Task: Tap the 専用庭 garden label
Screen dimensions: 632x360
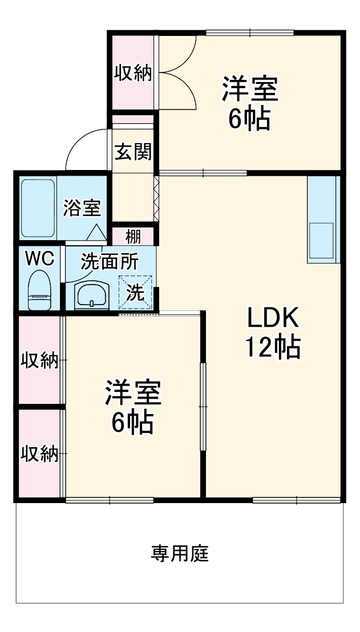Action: pyautogui.click(x=180, y=553)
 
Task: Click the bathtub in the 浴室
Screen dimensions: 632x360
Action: pyautogui.click(x=38, y=208)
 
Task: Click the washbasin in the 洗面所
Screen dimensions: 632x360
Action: pyautogui.click(x=91, y=295)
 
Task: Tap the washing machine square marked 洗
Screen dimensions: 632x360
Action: pyautogui.click(x=135, y=293)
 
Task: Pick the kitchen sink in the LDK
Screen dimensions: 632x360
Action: pyautogui.click(x=321, y=240)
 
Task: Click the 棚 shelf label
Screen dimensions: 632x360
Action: pyautogui.click(x=133, y=236)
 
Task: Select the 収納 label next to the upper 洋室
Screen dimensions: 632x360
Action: pyautogui.click(x=133, y=74)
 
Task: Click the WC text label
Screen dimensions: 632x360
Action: pyautogui.click(x=39, y=259)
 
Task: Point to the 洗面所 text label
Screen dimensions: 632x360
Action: pyautogui.click(x=109, y=262)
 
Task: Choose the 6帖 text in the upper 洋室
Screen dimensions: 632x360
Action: pyautogui.click(x=249, y=119)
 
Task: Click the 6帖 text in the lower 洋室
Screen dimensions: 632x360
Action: pyautogui.click(x=132, y=423)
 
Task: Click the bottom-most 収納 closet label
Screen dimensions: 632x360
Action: pyautogui.click(x=40, y=453)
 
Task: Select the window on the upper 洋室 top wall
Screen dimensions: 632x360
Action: pyautogui.click(x=249, y=33)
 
